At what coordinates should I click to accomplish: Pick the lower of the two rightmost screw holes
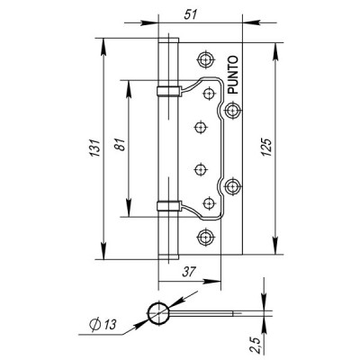point(234,186)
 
